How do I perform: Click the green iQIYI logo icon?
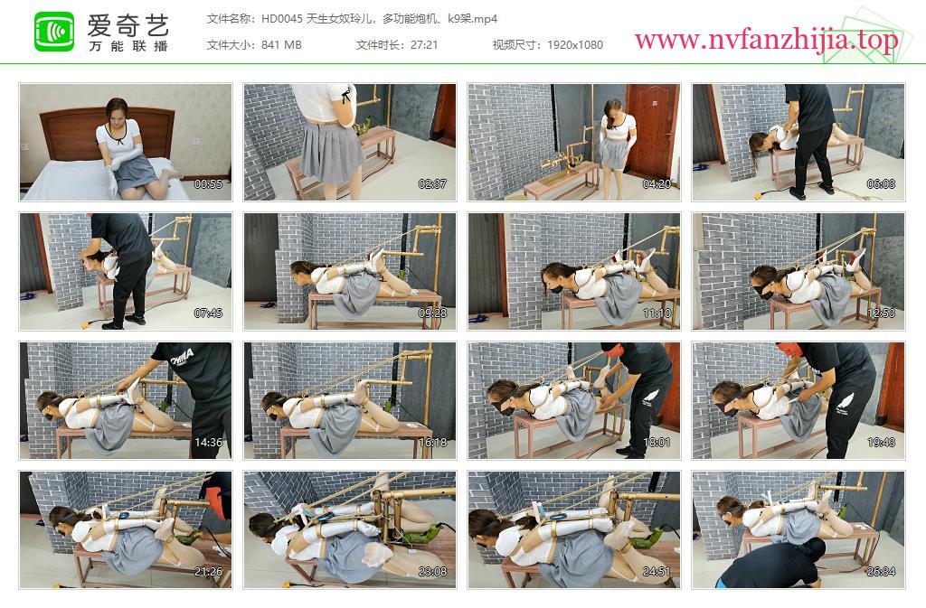coord(54,32)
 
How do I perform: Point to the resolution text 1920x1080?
coord(574,45)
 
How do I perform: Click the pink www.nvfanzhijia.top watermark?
coord(766,40)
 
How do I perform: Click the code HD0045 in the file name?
coord(281,19)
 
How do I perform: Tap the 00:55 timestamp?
coord(209,184)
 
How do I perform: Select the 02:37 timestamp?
coord(432,184)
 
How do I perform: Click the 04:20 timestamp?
coord(657,184)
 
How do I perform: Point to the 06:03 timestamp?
coord(881,184)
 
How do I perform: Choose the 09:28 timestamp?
coord(432,313)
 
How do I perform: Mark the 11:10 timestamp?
coord(657,313)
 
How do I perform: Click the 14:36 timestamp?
coord(209,443)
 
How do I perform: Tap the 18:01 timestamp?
coord(657,443)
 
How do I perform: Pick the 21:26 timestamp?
coord(209,572)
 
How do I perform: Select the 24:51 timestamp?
coord(657,572)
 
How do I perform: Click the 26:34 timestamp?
coord(881,572)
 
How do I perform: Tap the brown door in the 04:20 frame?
coord(652,130)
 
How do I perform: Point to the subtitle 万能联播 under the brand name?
coord(128,46)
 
